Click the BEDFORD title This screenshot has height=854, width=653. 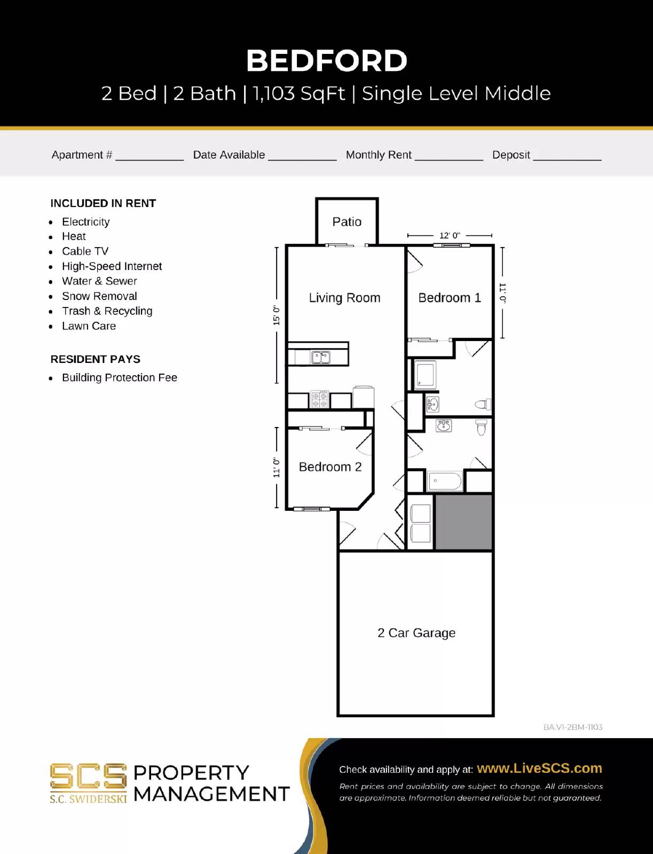point(326,60)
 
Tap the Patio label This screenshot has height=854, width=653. point(347,222)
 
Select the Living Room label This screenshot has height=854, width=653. point(344,298)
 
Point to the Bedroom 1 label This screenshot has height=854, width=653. point(450,298)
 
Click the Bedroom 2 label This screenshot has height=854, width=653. point(330,467)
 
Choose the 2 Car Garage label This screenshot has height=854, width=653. point(416,633)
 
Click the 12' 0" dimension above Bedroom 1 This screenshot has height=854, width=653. point(450,235)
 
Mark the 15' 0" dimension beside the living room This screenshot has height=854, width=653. point(277,315)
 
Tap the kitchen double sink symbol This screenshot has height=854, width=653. point(321,357)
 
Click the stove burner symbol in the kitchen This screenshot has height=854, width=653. point(319,400)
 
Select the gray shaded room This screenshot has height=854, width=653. point(463,522)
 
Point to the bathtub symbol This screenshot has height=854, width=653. point(445,481)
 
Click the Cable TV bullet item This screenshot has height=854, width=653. point(85,251)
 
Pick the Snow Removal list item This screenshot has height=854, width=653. point(99,296)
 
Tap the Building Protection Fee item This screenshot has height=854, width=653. point(120,378)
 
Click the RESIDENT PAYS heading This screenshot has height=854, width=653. point(95,359)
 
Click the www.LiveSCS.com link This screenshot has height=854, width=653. point(539,769)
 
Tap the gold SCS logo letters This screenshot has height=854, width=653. point(88,777)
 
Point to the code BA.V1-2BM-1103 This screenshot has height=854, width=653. point(572,727)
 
